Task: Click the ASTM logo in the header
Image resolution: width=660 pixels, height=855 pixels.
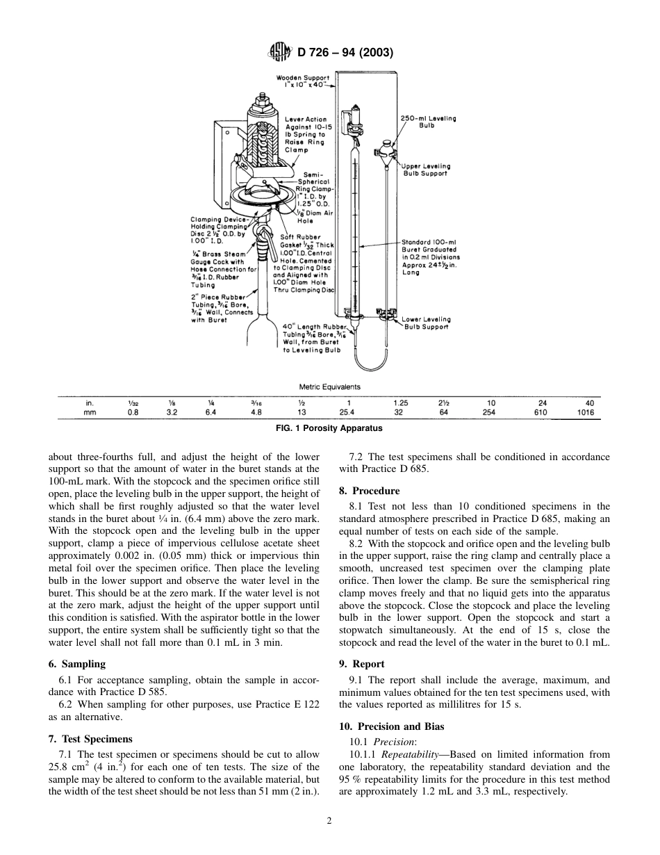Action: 282,52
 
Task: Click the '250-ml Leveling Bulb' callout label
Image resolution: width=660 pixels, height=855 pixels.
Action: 429,122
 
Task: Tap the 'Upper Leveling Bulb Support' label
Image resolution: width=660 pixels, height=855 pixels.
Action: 427,170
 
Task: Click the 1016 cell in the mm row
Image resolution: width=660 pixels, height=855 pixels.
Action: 586,412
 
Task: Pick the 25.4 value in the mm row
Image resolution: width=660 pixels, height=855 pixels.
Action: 348,412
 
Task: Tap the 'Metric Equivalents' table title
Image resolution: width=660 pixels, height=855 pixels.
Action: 329,387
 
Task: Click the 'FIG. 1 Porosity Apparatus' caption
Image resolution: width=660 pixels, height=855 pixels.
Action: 330,428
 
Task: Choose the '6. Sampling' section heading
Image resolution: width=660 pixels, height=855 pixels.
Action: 76,664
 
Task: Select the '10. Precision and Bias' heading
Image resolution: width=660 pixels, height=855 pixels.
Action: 393,726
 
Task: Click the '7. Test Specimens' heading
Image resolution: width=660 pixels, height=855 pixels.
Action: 90,738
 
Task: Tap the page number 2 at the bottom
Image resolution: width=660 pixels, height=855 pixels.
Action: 330,820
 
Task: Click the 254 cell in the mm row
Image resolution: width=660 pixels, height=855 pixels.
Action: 489,412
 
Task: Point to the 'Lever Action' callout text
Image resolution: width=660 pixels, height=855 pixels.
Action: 306,120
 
